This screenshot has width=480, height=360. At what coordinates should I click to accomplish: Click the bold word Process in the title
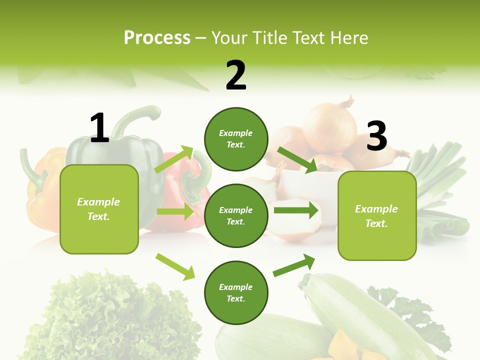pos(157,38)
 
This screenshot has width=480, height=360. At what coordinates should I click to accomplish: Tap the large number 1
pos(99,128)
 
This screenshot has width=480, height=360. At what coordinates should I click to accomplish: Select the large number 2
pos(236,75)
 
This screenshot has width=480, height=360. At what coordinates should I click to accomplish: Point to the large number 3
pos(377,136)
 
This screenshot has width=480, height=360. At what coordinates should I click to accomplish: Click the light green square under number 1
pos(99,209)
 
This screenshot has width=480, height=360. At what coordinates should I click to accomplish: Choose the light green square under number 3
pos(377,215)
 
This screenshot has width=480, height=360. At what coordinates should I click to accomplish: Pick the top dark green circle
pos(236,139)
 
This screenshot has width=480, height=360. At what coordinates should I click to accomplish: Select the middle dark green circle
pos(236,215)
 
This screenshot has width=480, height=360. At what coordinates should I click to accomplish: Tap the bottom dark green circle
pos(236,292)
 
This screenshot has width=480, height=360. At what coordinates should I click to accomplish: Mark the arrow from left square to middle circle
pos(175,211)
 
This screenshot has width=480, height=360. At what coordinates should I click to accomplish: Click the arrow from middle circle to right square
pos(296,210)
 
